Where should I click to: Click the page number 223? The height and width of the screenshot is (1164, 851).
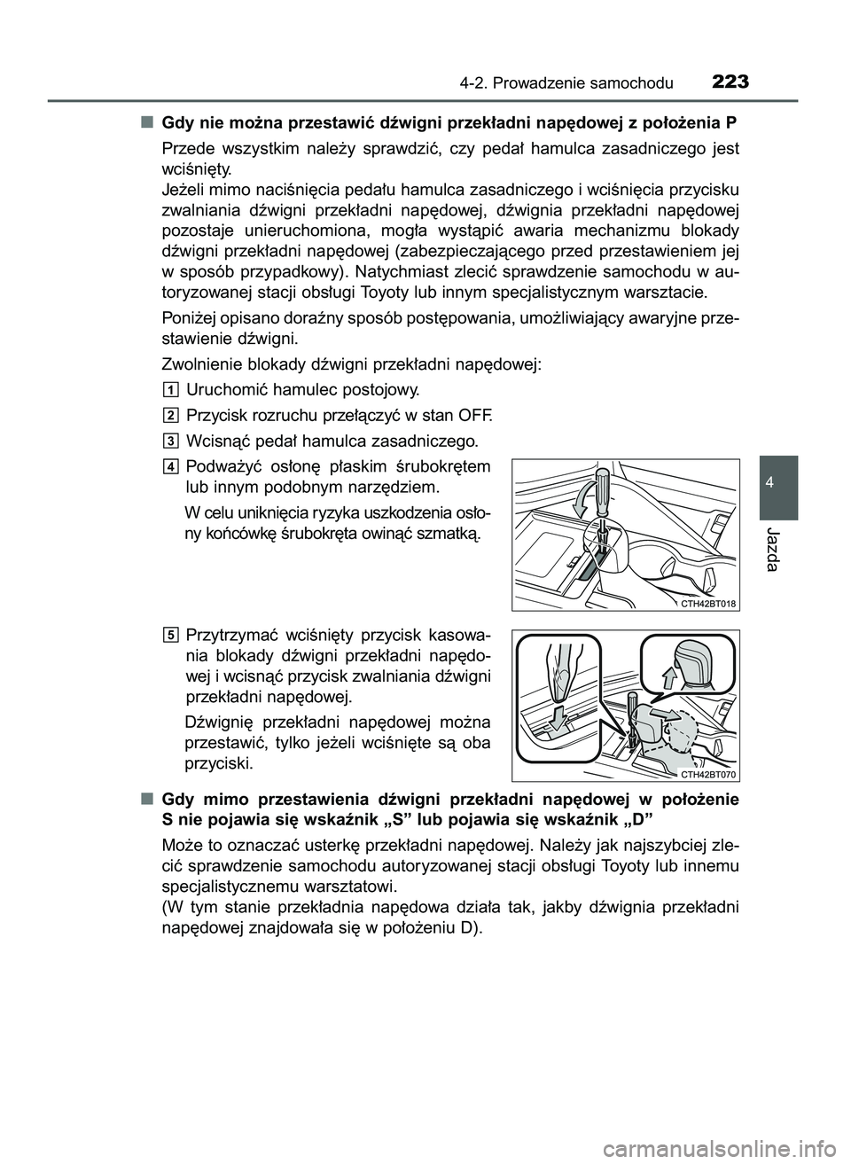click(x=730, y=82)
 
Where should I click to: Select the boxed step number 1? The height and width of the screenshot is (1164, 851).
click(x=171, y=390)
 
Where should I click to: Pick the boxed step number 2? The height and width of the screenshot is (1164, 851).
click(x=171, y=415)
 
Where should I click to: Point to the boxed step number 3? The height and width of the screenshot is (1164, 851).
click(x=171, y=441)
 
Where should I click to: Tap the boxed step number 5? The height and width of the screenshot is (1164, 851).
click(x=171, y=634)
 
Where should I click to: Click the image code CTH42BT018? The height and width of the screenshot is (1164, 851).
click(x=708, y=603)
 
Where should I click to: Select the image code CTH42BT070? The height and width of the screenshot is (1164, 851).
click(x=708, y=773)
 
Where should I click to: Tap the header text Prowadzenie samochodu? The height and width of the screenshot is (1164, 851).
click(x=590, y=84)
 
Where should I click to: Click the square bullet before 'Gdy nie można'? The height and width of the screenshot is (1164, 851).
click(x=144, y=121)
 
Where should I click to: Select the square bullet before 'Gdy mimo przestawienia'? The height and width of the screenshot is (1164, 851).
click(x=144, y=799)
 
